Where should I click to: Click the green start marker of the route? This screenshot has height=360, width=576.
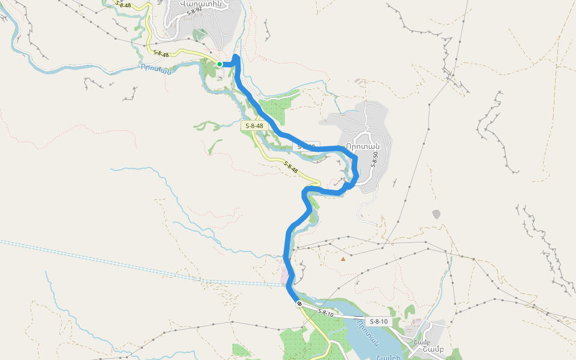click(220, 64)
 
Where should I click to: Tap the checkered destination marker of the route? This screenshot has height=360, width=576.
click(299, 304)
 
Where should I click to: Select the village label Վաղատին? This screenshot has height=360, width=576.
click(201, 4)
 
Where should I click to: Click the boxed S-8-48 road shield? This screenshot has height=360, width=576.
click(254, 126)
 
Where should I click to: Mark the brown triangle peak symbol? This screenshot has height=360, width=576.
click(343, 259)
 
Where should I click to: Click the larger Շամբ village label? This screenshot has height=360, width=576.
click(433, 350)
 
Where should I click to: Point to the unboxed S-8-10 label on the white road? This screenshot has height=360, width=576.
click(325, 313)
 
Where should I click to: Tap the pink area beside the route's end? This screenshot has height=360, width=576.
click(284, 275)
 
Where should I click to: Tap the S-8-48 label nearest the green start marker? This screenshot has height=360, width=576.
click(161, 53)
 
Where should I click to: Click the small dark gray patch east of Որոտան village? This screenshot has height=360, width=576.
click(436, 214)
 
